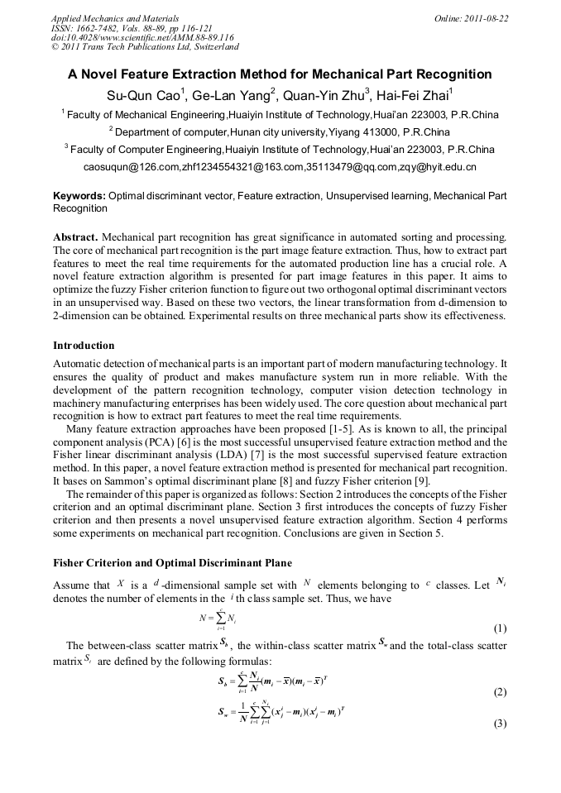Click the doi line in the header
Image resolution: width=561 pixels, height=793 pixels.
142,37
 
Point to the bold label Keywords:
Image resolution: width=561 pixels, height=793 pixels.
79,196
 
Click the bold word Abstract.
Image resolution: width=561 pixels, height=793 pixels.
74,237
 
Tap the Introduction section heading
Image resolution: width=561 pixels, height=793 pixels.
84,345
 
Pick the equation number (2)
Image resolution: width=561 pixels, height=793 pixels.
499,691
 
